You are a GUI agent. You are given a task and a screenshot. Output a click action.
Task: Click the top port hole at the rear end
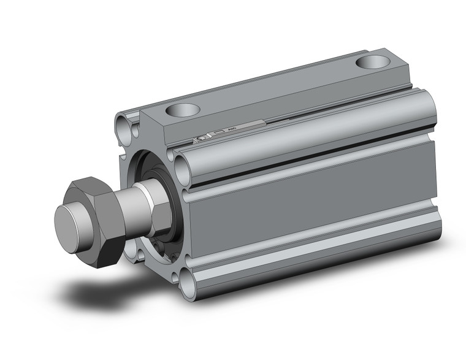click(x=373, y=62)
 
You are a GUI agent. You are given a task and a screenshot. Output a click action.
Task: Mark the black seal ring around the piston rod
click(x=175, y=196)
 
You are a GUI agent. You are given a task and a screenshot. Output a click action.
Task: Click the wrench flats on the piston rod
click(x=161, y=212)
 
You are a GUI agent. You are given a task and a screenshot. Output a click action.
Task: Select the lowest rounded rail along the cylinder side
click(x=307, y=261)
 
